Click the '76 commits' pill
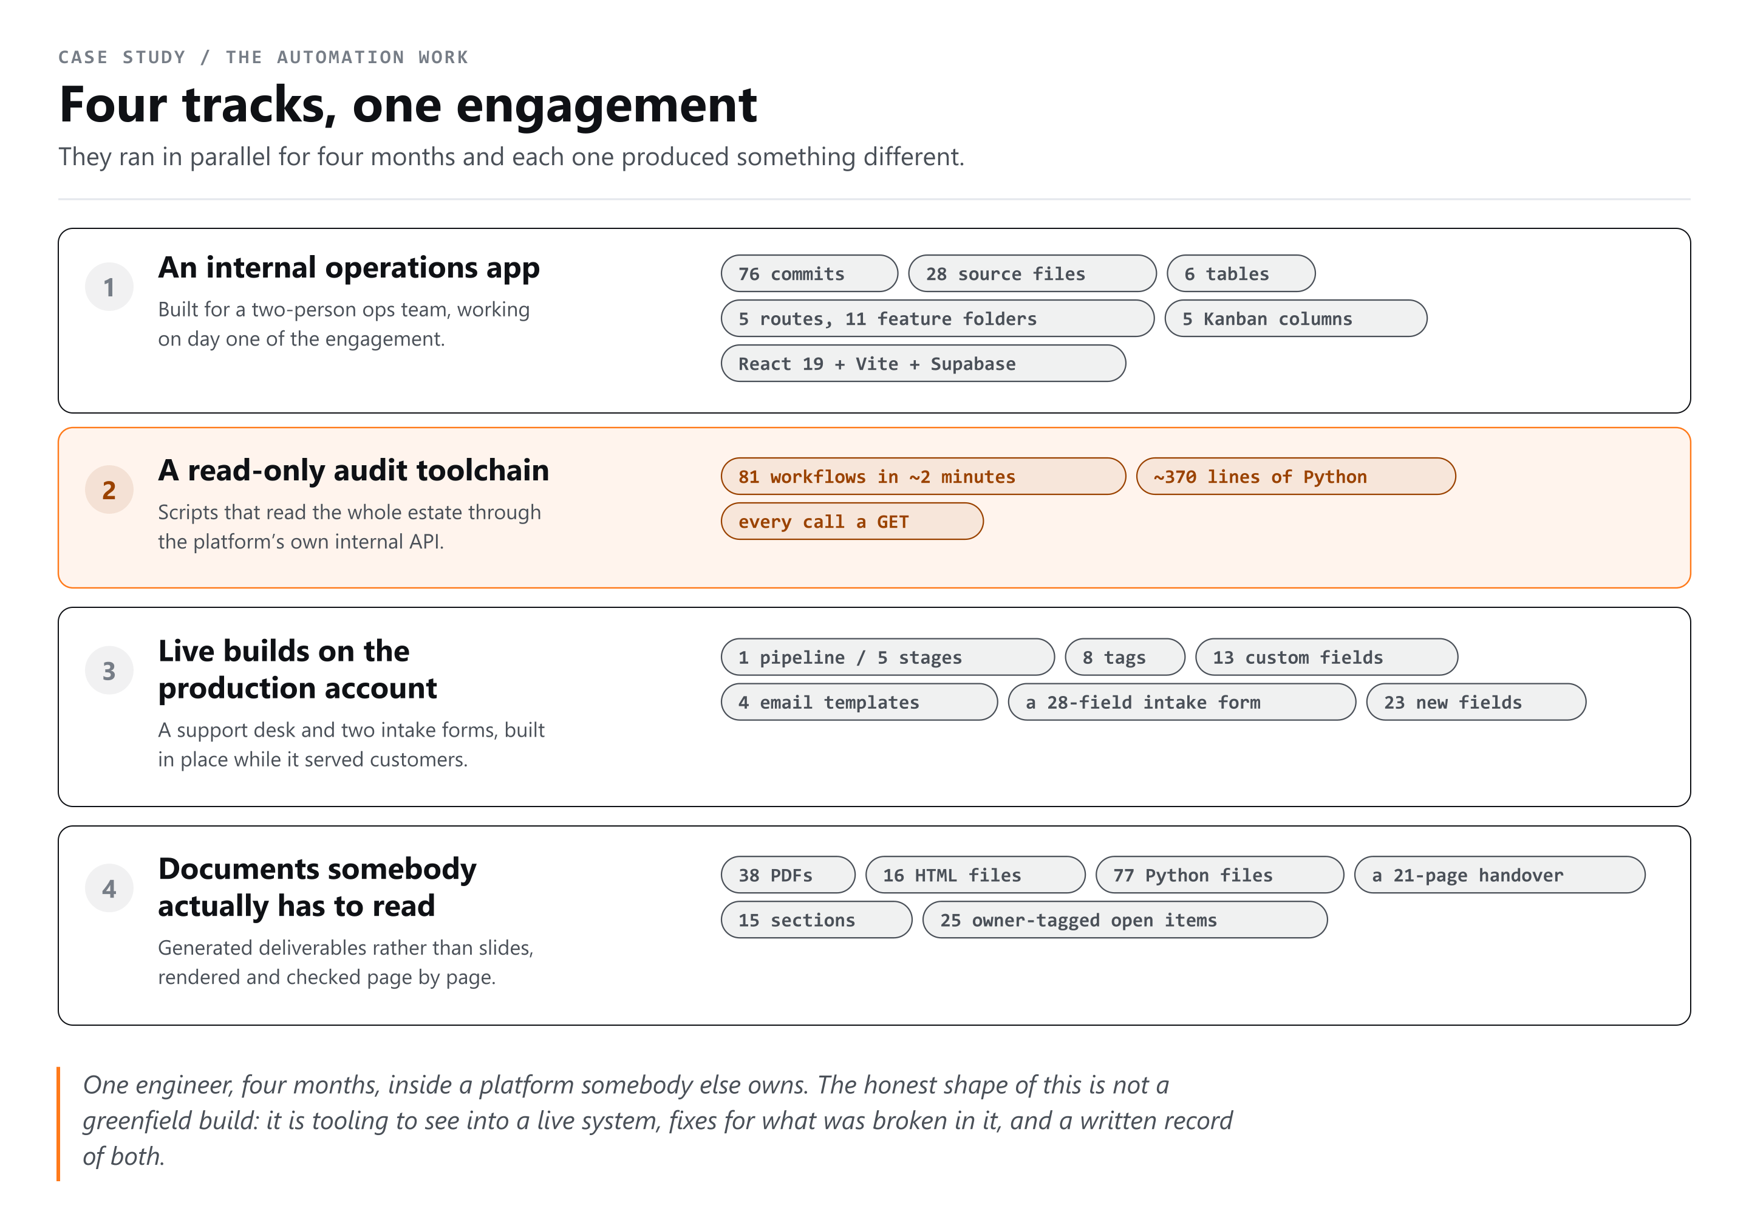coord(809,273)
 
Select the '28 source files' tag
coord(1032,273)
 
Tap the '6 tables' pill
coord(1241,273)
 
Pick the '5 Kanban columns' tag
coord(1296,318)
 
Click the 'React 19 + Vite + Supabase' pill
coord(923,363)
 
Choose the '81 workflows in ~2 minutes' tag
coord(923,476)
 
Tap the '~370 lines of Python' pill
coord(1296,476)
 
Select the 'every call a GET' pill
coord(851,521)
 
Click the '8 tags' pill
coord(1124,657)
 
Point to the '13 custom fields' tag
coord(1326,657)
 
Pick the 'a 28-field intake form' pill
coord(1182,701)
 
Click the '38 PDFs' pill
coord(788,875)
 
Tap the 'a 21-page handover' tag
coord(1499,875)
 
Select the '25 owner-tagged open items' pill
coord(1124,919)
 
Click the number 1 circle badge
coord(109,287)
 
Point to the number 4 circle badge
coord(109,889)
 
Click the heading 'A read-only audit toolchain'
coord(353,470)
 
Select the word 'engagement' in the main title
coord(606,106)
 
